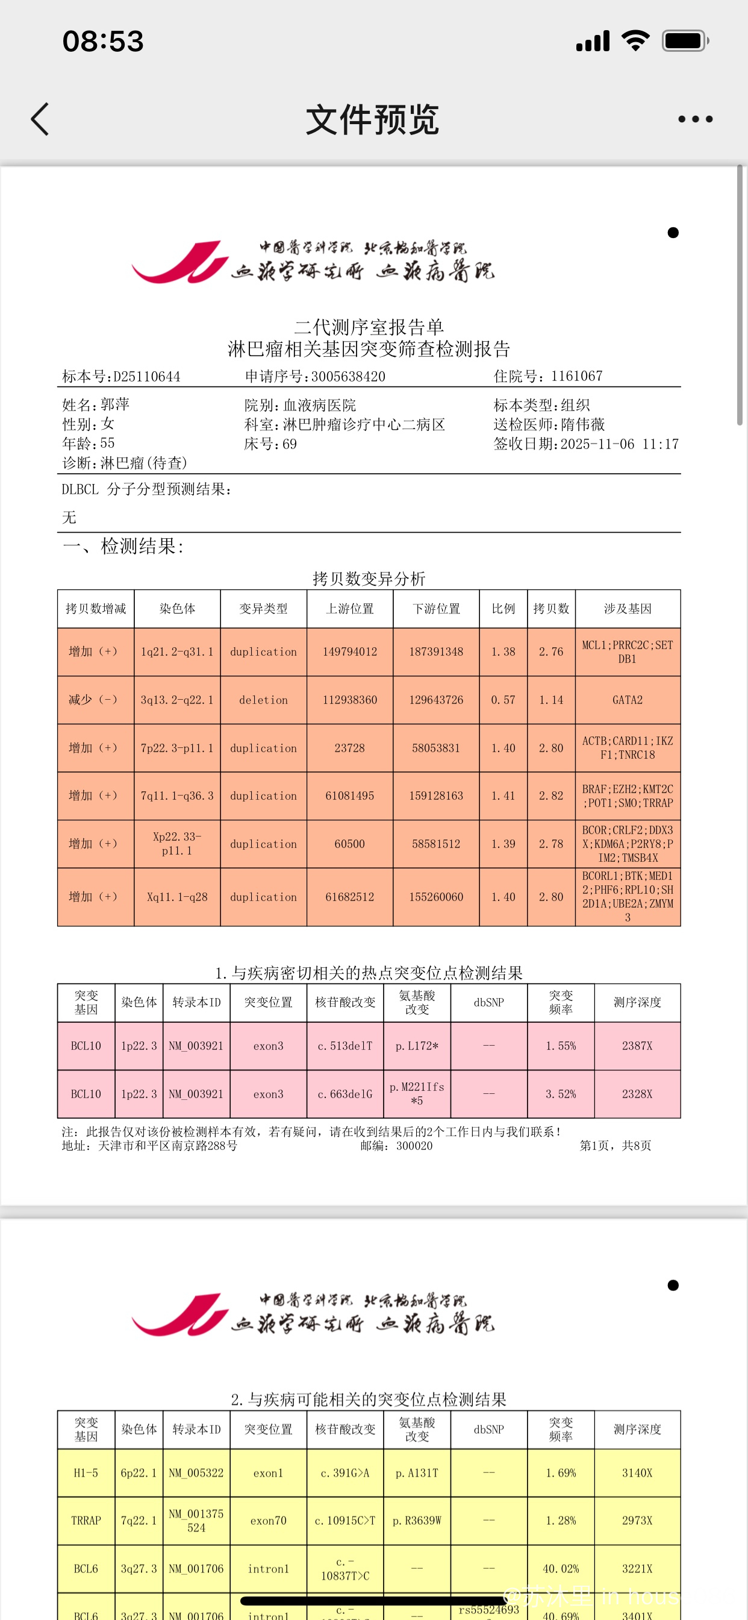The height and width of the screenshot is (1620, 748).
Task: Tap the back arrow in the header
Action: click(x=40, y=119)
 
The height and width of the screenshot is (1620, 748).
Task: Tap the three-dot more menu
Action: click(x=695, y=119)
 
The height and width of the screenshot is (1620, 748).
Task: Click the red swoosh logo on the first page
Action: click(x=179, y=262)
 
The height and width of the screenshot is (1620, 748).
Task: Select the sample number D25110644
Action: click(x=146, y=377)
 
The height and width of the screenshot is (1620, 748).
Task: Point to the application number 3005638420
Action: click(x=348, y=377)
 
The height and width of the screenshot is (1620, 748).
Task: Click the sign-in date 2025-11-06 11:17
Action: click(x=619, y=444)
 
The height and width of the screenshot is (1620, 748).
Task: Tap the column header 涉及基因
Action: click(x=628, y=609)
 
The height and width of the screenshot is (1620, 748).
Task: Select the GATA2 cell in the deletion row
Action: click(x=628, y=700)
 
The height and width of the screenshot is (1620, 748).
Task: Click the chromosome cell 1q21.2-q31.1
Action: click(x=176, y=652)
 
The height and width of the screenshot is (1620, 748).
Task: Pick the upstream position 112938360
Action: click(x=349, y=700)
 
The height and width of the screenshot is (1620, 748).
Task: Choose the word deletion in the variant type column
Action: click(x=263, y=700)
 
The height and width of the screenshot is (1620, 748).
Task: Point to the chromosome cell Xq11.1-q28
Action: click(x=176, y=897)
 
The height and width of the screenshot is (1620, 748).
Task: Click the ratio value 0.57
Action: click(x=503, y=700)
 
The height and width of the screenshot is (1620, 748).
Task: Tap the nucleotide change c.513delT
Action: click(x=344, y=1046)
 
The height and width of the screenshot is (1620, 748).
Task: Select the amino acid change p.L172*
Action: click(x=417, y=1046)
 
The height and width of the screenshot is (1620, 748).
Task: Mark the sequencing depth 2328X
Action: click(x=637, y=1094)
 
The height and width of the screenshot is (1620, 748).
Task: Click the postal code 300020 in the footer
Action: click(x=414, y=1146)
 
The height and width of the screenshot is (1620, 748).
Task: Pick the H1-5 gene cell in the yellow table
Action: click(x=86, y=1473)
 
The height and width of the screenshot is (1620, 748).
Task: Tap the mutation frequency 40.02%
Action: click(x=561, y=1568)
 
